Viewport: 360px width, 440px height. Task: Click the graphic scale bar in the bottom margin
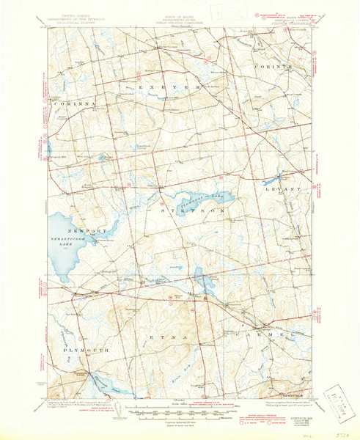(180, 406)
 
